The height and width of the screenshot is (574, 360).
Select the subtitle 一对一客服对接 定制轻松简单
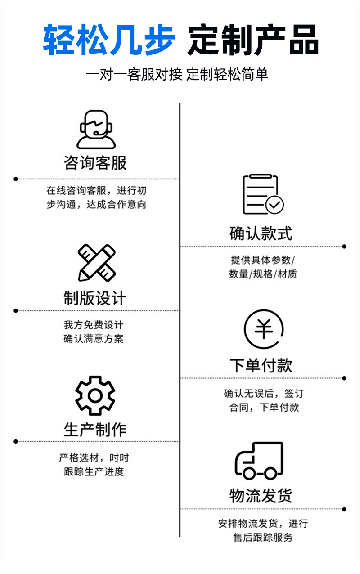tap(177, 74)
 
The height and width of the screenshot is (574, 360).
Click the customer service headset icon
tap(96, 130)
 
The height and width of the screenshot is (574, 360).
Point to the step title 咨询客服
tap(95, 163)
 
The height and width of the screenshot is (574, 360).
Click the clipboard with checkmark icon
tap(263, 194)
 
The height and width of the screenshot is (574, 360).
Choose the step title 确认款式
tap(261, 233)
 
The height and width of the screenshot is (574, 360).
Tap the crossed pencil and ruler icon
tap(96, 262)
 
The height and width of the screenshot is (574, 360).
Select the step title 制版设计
tap(95, 298)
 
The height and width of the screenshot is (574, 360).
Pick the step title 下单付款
tap(261, 365)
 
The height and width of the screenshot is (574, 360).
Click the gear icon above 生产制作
tap(95, 395)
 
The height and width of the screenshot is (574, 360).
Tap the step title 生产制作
tap(95, 429)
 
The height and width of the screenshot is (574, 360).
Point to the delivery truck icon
tap(260, 461)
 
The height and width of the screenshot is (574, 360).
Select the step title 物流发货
tap(261, 496)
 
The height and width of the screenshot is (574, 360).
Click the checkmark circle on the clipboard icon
tap(274, 205)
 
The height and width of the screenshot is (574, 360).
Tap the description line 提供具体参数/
tap(263, 260)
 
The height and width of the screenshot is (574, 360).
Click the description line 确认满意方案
tap(94, 339)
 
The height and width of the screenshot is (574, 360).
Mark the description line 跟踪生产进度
tap(94, 471)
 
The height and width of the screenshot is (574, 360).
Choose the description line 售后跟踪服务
tap(263, 538)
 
